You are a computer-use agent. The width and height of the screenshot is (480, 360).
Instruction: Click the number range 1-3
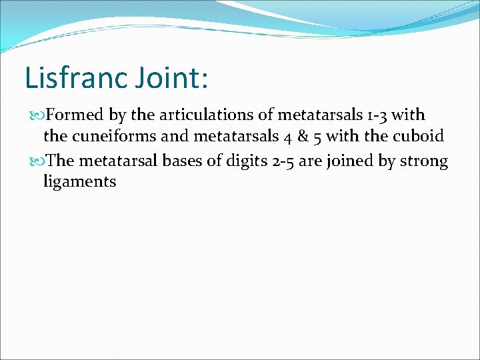click(x=374, y=115)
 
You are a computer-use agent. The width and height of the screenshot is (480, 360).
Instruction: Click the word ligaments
click(x=79, y=181)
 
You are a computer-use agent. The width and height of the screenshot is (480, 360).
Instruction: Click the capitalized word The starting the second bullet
click(x=61, y=161)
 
